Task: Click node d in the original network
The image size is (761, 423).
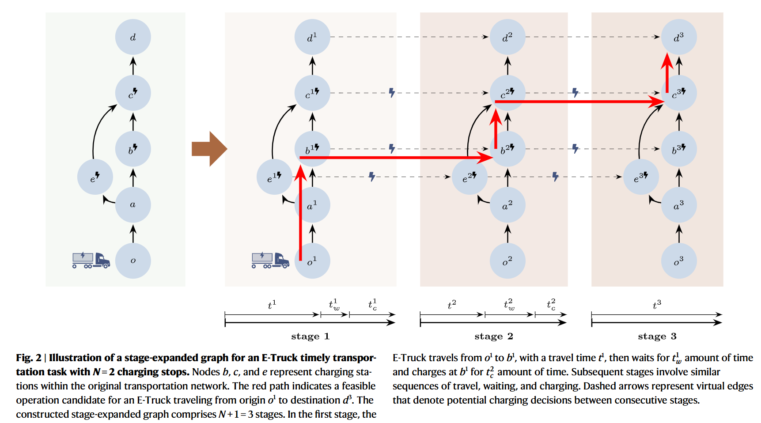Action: click(133, 37)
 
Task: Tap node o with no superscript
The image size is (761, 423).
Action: click(133, 261)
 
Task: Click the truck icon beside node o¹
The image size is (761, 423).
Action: click(270, 260)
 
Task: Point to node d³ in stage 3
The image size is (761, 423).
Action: click(679, 37)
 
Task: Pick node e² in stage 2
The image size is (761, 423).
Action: click(469, 177)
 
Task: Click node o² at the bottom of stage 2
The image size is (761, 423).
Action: click(507, 261)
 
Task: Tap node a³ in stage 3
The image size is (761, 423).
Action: click(679, 205)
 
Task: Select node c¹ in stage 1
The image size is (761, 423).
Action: click(312, 93)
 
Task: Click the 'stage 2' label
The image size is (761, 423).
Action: click(493, 336)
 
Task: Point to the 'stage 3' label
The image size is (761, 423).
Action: click(657, 336)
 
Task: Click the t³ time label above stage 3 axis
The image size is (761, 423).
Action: click(657, 304)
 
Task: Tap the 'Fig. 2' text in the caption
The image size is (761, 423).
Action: click(29, 358)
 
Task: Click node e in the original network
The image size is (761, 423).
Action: click(95, 177)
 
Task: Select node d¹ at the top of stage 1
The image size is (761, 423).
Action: click(312, 37)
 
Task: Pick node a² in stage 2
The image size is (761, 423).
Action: click(507, 205)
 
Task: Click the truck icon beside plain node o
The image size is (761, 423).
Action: click(91, 260)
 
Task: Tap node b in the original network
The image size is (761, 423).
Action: click(133, 149)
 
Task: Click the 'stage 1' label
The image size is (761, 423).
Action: click(310, 336)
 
